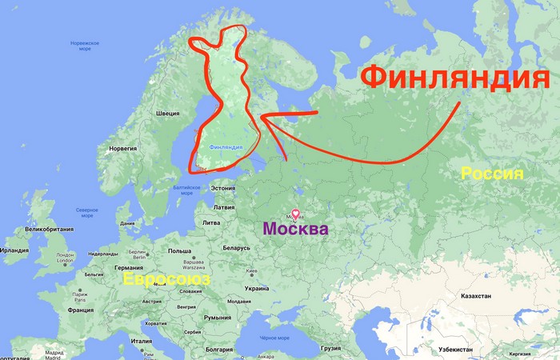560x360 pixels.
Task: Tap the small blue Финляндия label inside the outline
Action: click(225, 147)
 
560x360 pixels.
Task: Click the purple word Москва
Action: click(295, 230)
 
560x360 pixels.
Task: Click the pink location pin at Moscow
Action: click(295, 214)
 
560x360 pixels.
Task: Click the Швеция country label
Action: click(167, 114)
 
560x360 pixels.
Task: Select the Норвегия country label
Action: click(122, 148)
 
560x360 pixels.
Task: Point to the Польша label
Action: click(179, 250)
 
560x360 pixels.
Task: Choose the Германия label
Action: click(128, 267)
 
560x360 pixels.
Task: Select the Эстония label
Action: click(222, 188)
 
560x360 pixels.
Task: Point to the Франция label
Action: click(80, 310)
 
